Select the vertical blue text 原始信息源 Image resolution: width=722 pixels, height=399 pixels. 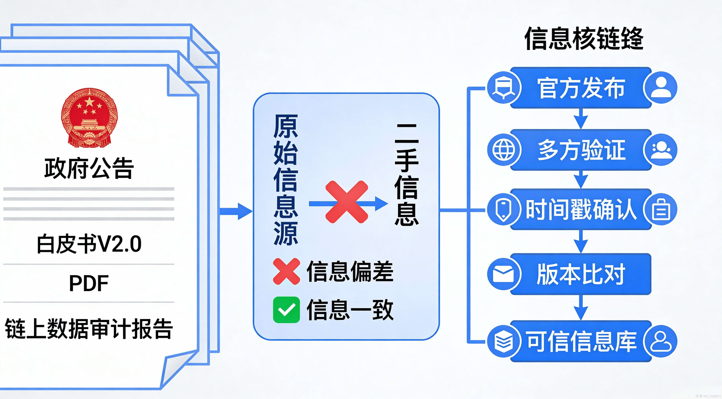click(286, 179)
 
